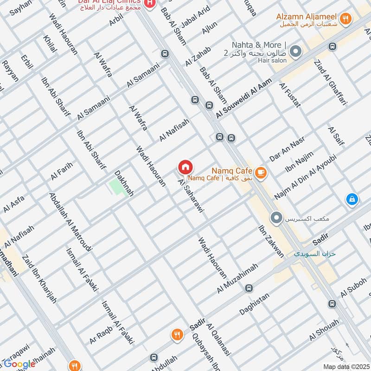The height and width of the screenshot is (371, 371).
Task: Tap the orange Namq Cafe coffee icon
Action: pos(261,172)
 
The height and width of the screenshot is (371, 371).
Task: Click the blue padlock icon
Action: pos(352,200)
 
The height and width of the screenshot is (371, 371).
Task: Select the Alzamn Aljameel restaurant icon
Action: pos(345,19)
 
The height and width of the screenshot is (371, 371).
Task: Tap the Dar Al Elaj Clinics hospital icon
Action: pos(149,4)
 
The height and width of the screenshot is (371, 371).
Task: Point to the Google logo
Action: pos(20,364)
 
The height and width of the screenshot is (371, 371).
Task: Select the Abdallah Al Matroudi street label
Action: pos(70,221)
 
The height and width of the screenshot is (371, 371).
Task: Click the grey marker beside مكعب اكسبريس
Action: pos(277,217)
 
